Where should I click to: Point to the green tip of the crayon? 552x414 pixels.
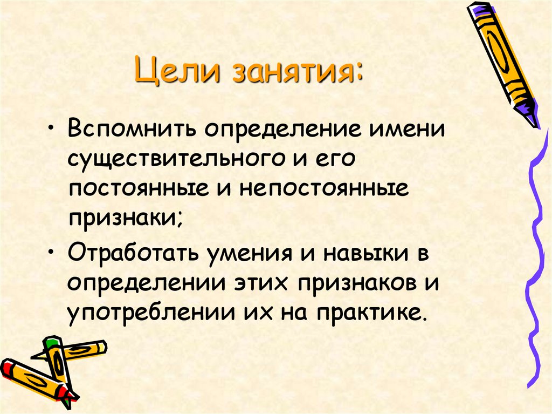coord(50,341)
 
